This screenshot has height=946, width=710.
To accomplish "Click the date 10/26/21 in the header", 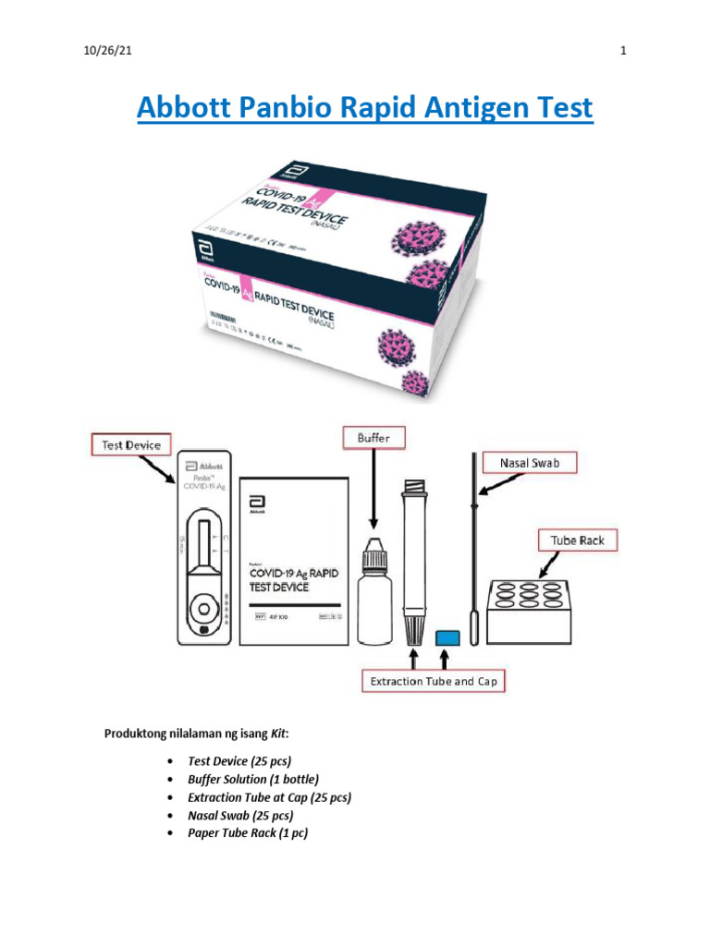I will click(101, 51).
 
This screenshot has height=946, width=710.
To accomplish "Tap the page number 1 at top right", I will click(623, 51).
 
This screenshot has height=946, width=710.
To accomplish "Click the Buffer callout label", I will click(373, 438).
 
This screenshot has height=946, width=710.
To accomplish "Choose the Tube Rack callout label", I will click(578, 540).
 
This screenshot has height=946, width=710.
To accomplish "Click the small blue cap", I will click(447, 637).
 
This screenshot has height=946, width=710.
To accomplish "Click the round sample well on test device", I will click(202, 611).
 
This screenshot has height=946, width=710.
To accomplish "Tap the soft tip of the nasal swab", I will click(474, 629).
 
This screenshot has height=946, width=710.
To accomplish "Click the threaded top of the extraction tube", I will click(411, 491).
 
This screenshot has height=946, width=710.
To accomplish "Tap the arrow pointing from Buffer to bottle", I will click(373, 490).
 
